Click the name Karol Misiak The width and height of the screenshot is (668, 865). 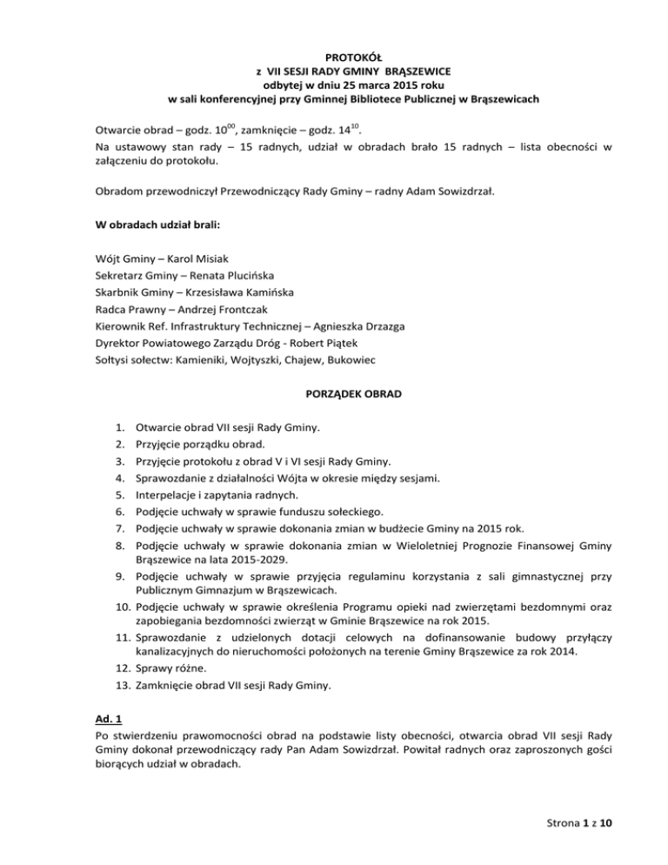tap(197, 258)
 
